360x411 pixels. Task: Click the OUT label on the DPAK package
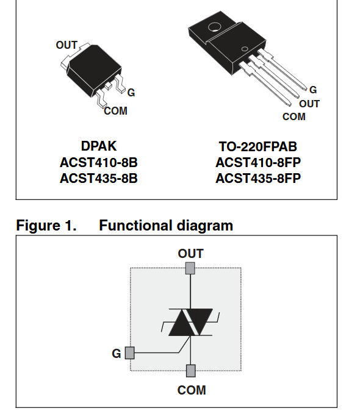click(x=67, y=45)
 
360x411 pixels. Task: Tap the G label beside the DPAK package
click(x=131, y=93)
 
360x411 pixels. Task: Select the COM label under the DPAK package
click(x=116, y=111)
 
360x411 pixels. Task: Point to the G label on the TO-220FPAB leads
click(x=313, y=90)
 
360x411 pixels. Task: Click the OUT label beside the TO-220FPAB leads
click(x=309, y=104)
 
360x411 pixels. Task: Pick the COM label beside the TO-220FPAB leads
click(x=294, y=116)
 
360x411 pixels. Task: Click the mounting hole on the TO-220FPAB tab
click(x=215, y=27)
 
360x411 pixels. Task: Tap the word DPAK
click(x=99, y=146)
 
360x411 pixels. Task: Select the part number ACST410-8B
click(x=99, y=163)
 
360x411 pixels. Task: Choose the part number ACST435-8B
click(x=99, y=179)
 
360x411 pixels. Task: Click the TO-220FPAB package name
click(x=258, y=147)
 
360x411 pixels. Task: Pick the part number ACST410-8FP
click(x=258, y=163)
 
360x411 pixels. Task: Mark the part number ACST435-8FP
click(x=258, y=179)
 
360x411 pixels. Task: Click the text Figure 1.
click(x=46, y=226)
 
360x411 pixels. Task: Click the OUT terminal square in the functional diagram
click(x=190, y=268)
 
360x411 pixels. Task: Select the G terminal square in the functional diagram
click(x=130, y=353)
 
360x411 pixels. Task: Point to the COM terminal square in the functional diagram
click(x=190, y=371)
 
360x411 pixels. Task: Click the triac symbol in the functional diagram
click(x=190, y=323)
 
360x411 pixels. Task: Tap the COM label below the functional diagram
click(x=192, y=390)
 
